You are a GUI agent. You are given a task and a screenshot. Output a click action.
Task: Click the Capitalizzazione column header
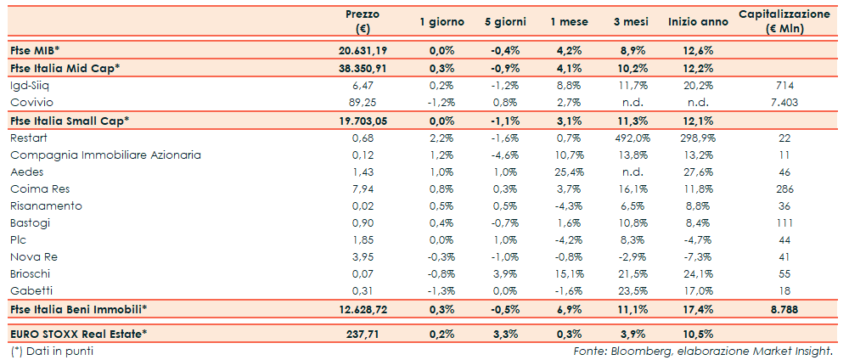[784, 21]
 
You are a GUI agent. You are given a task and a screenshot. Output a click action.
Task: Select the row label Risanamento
[46, 206]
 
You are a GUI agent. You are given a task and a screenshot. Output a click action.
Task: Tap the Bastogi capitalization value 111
[784, 223]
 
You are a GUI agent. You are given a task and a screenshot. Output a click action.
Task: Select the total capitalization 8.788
[784, 310]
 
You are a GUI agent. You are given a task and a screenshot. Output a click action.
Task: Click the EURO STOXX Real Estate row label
[78, 334]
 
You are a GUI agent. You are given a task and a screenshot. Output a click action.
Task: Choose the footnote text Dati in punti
[52, 351]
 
